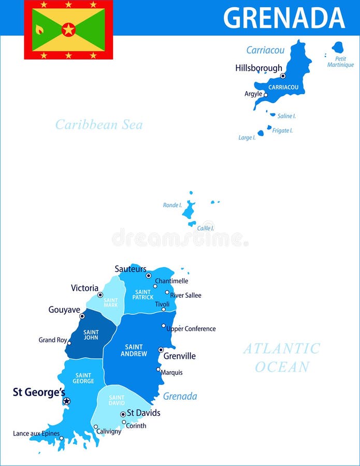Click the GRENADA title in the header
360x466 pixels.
pos(284,18)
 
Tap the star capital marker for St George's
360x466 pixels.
pos(66,401)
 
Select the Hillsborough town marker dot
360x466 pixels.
pos(283,76)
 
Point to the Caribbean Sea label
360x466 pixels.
pos(98,125)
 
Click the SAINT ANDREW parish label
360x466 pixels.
pos(134,351)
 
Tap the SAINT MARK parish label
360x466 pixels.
pos(110,303)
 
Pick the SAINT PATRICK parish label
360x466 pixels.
pos(142,295)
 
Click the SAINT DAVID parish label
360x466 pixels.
pos(116,400)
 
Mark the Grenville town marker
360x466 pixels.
pos(161,350)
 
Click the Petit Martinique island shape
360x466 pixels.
pos(338,48)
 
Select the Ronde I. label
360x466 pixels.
pos(172,205)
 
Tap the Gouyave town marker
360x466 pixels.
pos(82,316)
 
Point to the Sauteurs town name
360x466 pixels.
pos(130,269)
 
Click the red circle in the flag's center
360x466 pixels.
pos(68,30)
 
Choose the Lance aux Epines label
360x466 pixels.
pos(36,433)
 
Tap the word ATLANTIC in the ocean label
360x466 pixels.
pos(282,348)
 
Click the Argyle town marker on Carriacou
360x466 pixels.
pos(266,95)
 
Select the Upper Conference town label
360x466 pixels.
pos(191,329)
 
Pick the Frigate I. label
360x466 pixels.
pos(282,130)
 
